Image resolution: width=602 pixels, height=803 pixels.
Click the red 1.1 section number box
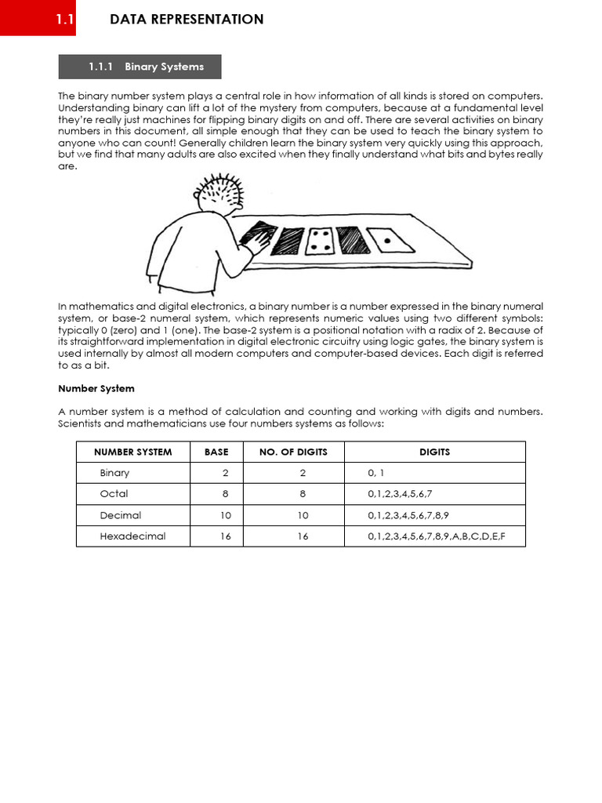(x=38, y=19)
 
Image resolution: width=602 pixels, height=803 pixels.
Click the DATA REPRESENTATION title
(x=187, y=20)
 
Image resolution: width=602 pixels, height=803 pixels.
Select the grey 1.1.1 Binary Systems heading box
(x=140, y=67)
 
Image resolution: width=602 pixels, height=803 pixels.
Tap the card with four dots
(x=318, y=241)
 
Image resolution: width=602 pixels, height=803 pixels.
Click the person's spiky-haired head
(x=220, y=196)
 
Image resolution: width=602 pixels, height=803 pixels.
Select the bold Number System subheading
(x=96, y=389)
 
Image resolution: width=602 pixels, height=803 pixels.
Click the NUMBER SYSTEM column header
(x=132, y=452)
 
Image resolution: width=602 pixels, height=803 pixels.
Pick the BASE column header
(x=216, y=452)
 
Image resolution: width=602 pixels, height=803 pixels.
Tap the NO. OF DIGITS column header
(x=293, y=452)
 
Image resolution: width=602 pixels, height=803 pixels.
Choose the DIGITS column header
(x=434, y=452)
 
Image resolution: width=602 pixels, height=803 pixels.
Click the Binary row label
(x=114, y=473)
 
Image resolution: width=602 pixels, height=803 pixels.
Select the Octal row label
(x=114, y=494)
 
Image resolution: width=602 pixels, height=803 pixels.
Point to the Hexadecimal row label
(x=132, y=536)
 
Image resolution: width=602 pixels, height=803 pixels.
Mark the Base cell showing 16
(x=225, y=536)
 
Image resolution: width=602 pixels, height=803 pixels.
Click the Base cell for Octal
(x=225, y=494)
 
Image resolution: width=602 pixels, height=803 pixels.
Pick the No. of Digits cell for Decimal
(x=303, y=515)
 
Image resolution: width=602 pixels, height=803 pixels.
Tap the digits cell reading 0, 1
(x=376, y=473)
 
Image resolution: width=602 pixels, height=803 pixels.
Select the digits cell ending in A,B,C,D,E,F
(x=436, y=536)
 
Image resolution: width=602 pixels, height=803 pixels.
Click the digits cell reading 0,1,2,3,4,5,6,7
(x=400, y=494)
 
